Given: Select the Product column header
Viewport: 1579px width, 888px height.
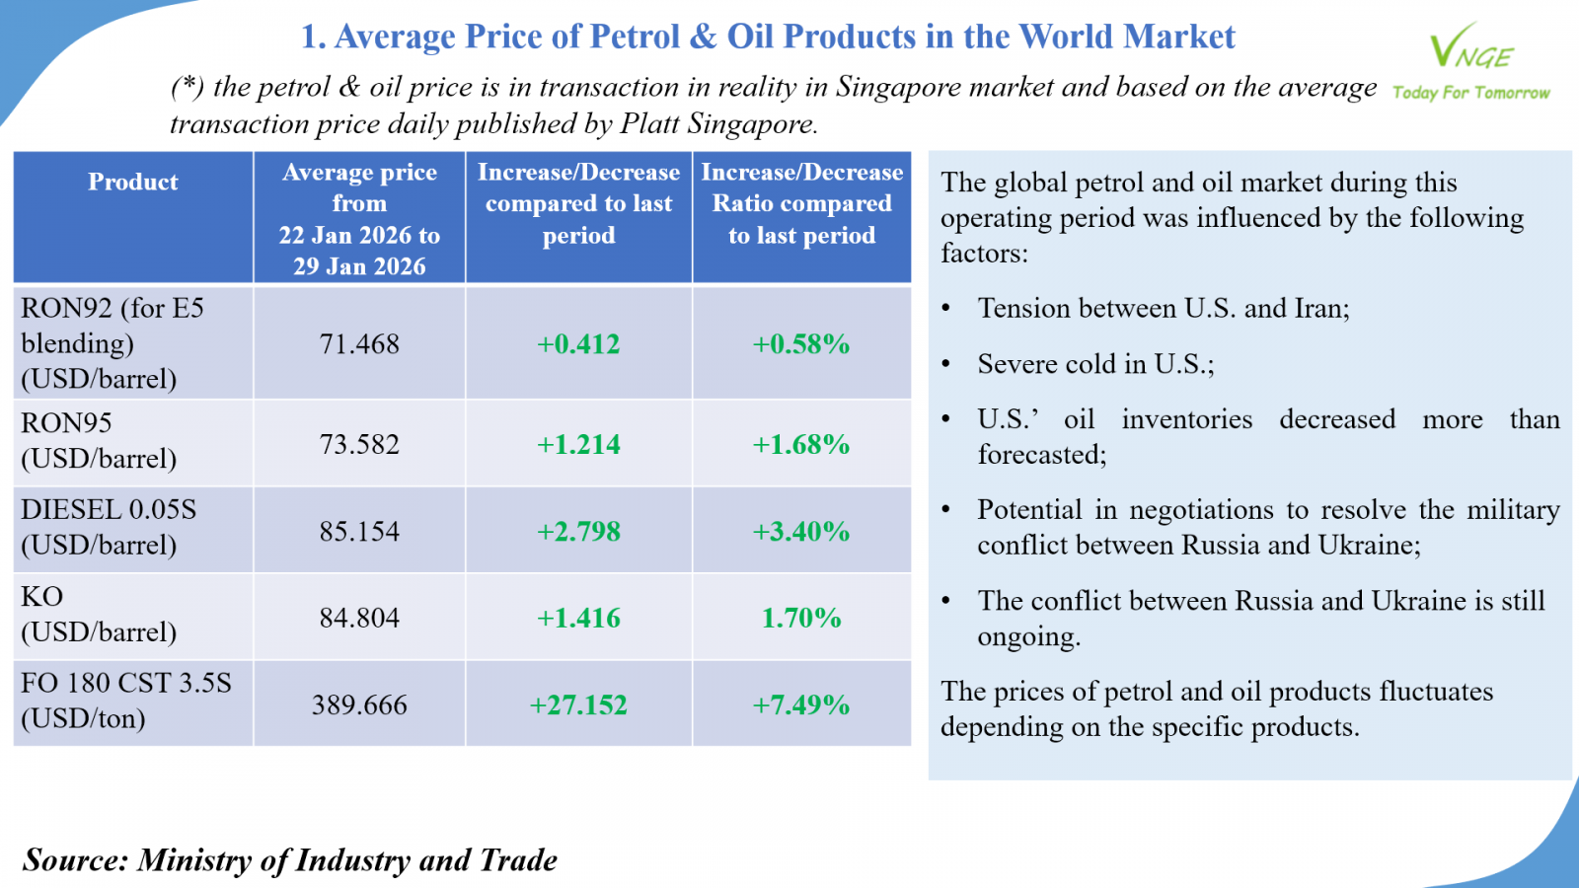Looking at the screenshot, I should coord(133,183).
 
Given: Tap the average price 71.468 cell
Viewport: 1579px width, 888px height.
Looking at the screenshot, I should coord(359,344).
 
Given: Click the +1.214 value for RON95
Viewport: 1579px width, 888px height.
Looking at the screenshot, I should coord(578,445).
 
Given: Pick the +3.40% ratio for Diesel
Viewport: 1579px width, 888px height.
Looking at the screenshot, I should coord(801,532).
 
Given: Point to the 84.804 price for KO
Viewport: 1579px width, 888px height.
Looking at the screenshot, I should coord(359,619).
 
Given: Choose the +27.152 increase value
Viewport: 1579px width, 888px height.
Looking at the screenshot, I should coord(578,705).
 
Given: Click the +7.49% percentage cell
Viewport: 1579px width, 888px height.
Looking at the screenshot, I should coord(801,705).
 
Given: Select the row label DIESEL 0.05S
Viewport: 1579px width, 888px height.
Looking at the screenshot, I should coord(109,510).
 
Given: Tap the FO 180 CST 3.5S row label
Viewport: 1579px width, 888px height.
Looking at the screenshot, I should coord(126,684).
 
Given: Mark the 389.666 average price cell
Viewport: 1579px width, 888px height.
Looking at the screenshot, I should coord(359,705).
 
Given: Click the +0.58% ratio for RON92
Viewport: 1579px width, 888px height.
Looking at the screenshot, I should coord(801,344).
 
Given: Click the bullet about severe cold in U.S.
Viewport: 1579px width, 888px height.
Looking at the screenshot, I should coord(1095,365).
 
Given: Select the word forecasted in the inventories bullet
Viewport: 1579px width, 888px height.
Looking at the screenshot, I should coord(1040,455).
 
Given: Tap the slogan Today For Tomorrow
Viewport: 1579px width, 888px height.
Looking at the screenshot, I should coord(1470,93).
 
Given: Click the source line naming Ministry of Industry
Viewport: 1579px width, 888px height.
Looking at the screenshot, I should coord(290,860).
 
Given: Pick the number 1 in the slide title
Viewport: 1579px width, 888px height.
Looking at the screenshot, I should coord(310,37).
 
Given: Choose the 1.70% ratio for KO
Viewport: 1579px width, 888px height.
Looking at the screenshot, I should coord(801,619).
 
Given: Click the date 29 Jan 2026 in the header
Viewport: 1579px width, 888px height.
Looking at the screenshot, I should coord(359,267).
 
